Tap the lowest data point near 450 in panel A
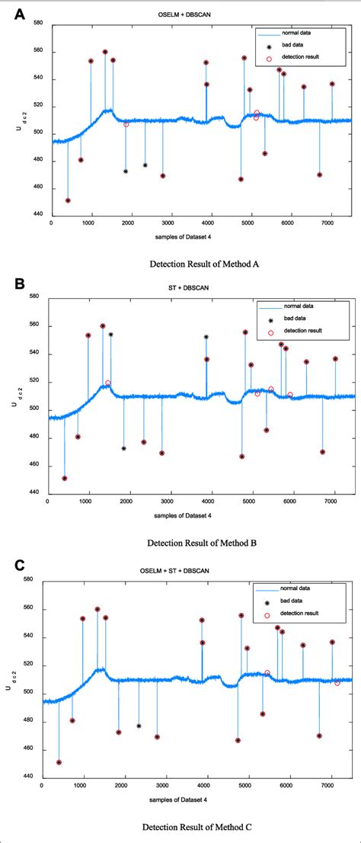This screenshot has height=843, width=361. tap(68, 200)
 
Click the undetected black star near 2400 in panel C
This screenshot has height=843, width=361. tap(139, 726)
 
